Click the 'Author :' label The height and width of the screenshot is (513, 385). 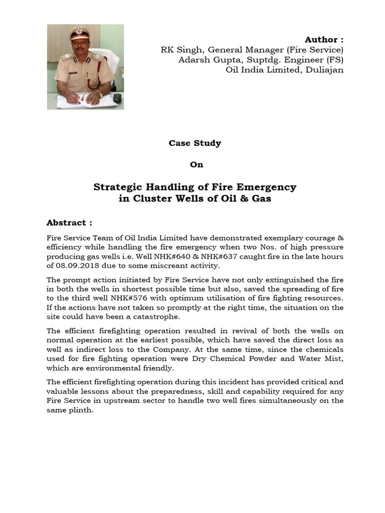324,40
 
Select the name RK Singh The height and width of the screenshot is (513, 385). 182,50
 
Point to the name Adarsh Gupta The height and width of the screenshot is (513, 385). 201,60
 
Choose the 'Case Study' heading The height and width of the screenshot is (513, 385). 195,143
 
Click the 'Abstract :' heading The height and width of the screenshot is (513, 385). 69,222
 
